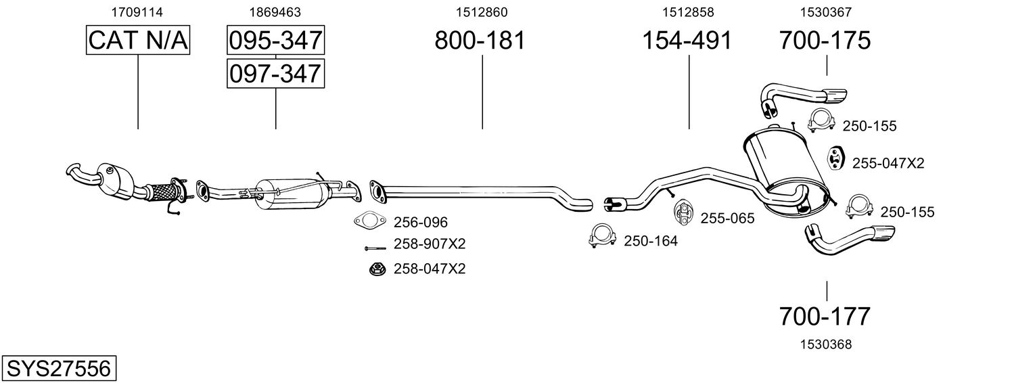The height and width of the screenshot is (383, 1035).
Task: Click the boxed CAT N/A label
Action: click(x=138, y=41)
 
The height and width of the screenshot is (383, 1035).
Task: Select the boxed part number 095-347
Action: click(x=275, y=41)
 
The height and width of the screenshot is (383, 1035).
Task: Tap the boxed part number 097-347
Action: click(x=275, y=73)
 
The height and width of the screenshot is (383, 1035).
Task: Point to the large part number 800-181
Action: click(x=480, y=41)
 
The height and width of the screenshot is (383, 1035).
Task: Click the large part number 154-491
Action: click(x=687, y=41)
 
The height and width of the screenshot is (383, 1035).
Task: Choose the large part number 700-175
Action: click(x=825, y=41)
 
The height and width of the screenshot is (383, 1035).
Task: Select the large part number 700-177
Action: click(x=825, y=315)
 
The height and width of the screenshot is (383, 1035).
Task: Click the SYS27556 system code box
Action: click(x=58, y=369)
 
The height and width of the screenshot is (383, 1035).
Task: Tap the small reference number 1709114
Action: click(x=137, y=12)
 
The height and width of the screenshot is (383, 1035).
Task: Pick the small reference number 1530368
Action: click(x=825, y=344)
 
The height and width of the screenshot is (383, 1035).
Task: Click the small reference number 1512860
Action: click(x=481, y=12)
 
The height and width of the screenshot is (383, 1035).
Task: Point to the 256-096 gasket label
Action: click(x=421, y=223)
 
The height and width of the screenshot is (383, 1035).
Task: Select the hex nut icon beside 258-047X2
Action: click(x=373, y=269)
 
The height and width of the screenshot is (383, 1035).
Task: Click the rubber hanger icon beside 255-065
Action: click(x=682, y=212)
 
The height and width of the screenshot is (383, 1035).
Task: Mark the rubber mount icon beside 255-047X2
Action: click(x=836, y=158)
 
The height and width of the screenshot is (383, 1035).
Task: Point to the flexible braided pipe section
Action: click(x=161, y=192)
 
